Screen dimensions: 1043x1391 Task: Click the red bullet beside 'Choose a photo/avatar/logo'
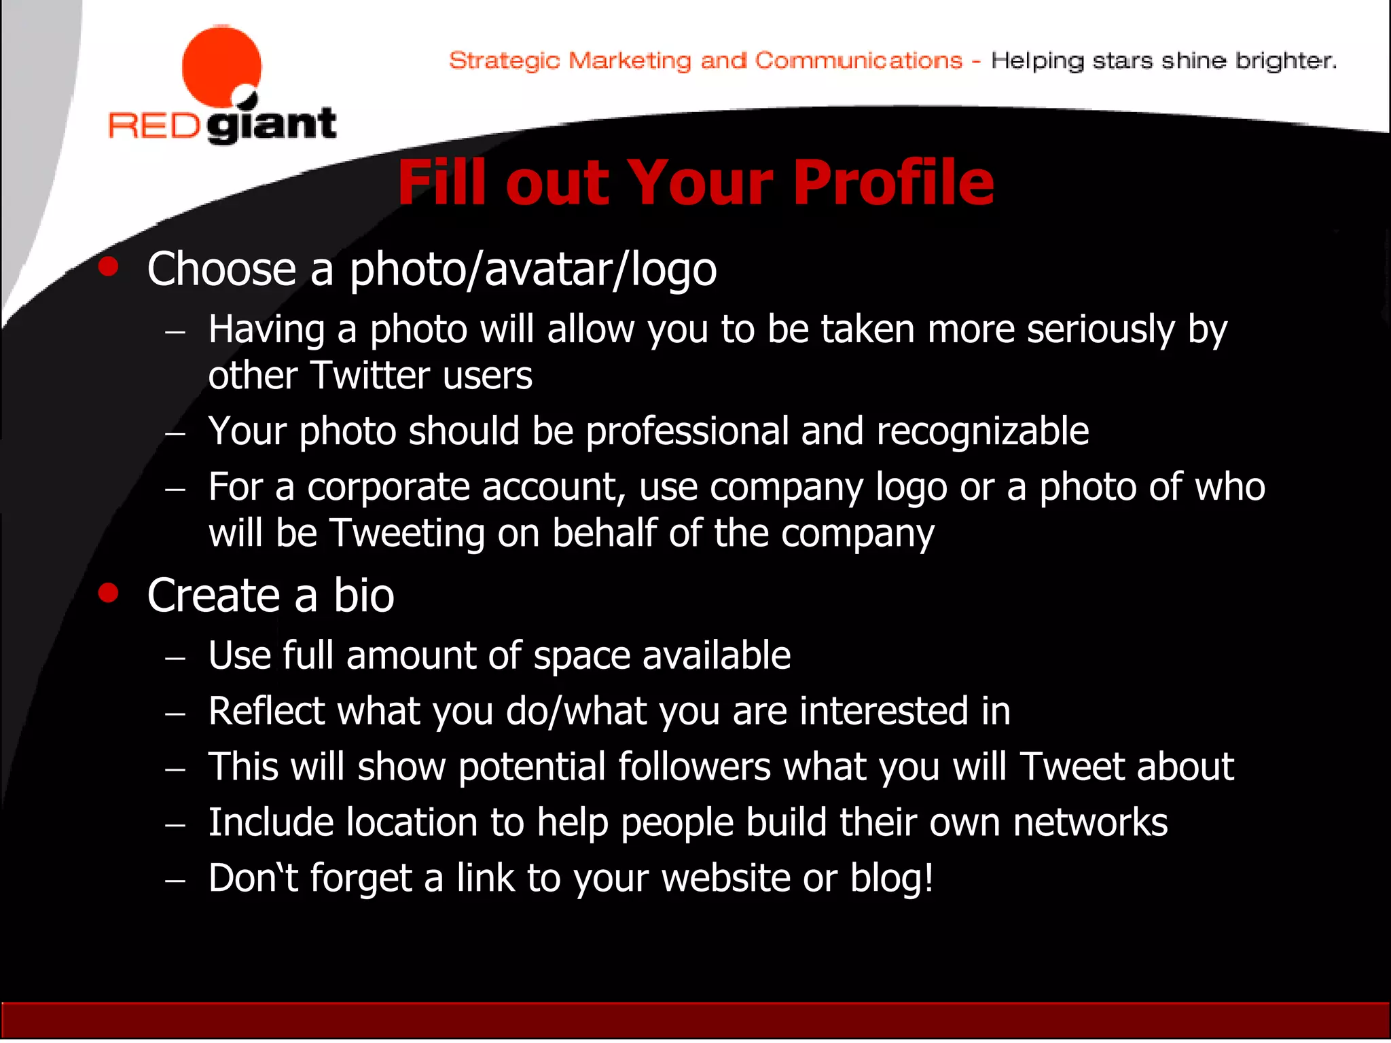click(x=108, y=267)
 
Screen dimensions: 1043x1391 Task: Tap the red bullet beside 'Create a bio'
click(x=108, y=593)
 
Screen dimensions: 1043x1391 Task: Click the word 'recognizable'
click(x=982, y=432)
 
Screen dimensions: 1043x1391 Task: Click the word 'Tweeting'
click(x=407, y=534)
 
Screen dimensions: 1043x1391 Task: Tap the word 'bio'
click(x=363, y=596)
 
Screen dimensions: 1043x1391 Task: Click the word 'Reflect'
click(x=267, y=712)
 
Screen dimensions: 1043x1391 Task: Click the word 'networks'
click(x=1090, y=823)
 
